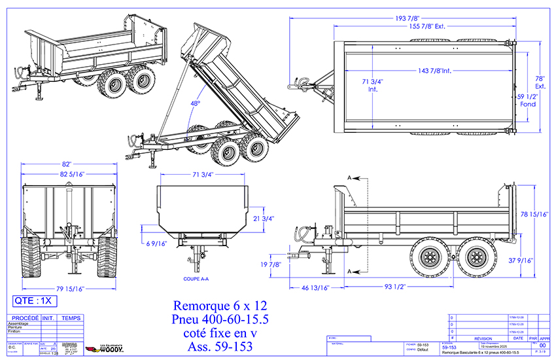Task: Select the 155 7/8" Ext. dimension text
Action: (422, 27)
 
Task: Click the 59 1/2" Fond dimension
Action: (528, 99)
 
